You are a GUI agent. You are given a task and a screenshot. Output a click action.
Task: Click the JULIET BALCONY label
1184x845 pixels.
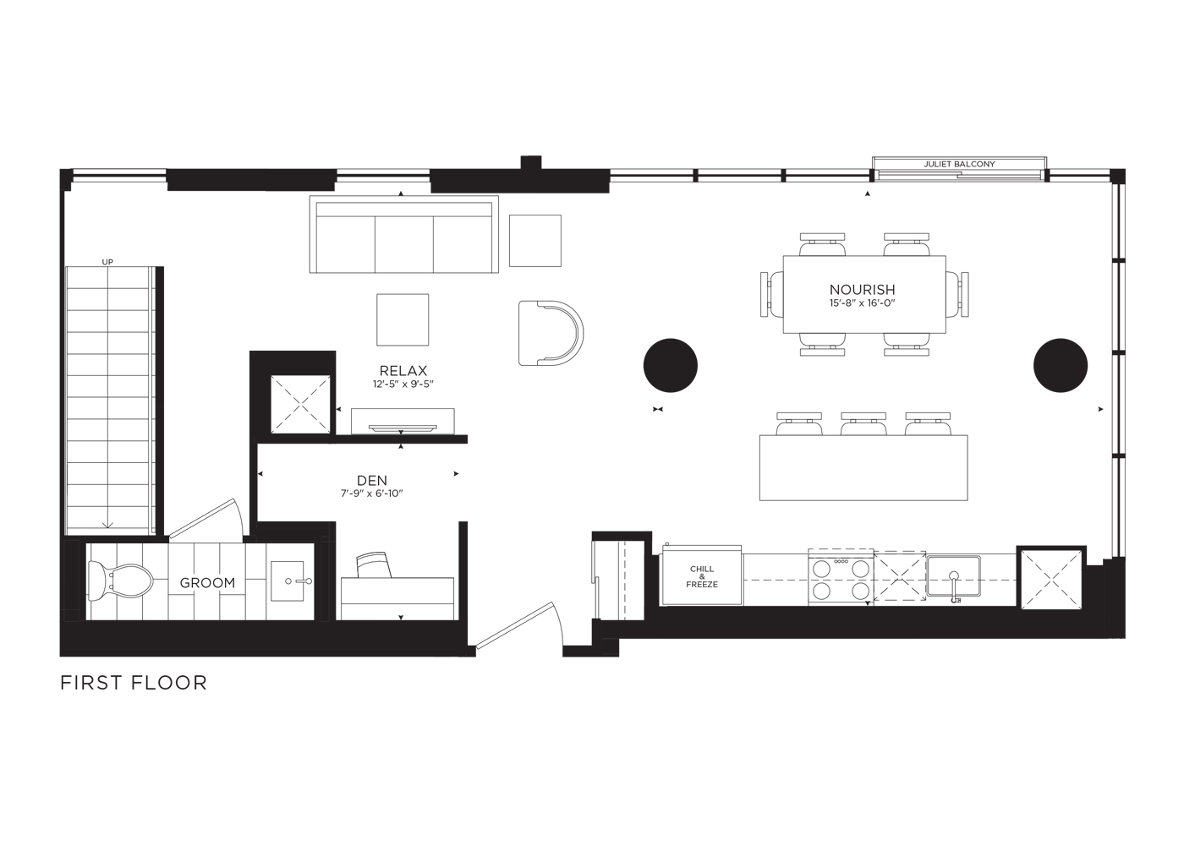click(x=959, y=164)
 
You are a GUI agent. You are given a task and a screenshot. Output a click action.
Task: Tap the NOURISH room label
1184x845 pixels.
click(x=862, y=289)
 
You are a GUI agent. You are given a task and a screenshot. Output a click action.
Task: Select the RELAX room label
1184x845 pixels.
click(x=403, y=370)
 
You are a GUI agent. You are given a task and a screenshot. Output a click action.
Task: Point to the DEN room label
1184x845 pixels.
click(x=372, y=480)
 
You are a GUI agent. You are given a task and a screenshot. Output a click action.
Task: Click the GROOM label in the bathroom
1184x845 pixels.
click(x=207, y=582)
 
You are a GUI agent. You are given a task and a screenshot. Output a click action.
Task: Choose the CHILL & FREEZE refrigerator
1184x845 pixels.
click(x=702, y=575)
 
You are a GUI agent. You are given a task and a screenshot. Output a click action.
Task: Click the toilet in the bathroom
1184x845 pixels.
click(x=120, y=581)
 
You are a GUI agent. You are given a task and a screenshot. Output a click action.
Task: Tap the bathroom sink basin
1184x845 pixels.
click(x=288, y=581)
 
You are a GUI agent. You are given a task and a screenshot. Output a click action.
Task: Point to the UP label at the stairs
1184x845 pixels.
click(x=107, y=262)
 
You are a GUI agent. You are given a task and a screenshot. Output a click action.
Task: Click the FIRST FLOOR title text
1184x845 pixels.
click(x=134, y=683)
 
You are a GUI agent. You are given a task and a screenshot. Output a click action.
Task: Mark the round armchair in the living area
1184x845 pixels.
click(x=551, y=333)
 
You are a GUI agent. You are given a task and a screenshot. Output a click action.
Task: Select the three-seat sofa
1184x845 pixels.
click(x=404, y=234)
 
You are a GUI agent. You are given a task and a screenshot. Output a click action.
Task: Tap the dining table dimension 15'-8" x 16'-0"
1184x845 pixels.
click(x=862, y=303)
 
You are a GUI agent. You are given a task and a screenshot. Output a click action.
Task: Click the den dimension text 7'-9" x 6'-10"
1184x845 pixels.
click(x=372, y=493)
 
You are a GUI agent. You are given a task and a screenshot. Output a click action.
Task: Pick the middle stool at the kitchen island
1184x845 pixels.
click(x=863, y=423)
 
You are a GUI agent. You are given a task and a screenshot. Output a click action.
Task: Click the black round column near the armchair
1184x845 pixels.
click(x=670, y=365)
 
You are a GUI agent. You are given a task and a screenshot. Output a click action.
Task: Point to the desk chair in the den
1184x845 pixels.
click(x=374, y=564)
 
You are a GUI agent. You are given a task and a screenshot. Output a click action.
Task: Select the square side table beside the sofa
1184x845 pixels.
click(x=535, y=241)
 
